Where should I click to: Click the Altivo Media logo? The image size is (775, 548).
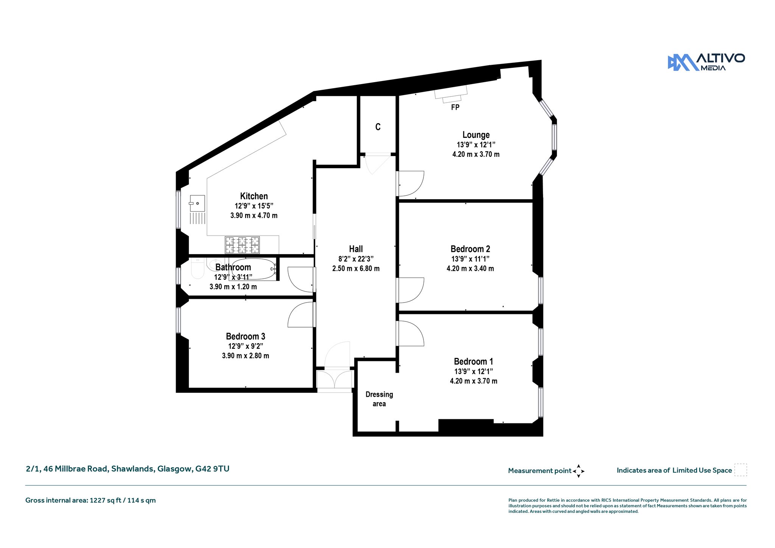click(x=706, y=62)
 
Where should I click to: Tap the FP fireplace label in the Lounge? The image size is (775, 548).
click(x=455, y=108)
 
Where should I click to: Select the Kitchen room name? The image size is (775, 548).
click(x=254, y=196)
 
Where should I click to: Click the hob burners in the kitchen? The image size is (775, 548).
click(x=242, y=245)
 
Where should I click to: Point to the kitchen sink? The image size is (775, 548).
click(x=197, y=203)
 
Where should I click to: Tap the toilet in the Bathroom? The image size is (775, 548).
click(x=198, y=268)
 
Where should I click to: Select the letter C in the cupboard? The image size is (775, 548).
click(x=378, y=127)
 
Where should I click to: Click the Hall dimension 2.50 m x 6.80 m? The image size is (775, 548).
click(x=356, y=269)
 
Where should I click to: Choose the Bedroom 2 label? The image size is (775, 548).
click(x=470, y=249)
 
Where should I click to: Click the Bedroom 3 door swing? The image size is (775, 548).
click(x=300, y=314)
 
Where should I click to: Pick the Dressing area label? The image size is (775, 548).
click(x=379, y=399)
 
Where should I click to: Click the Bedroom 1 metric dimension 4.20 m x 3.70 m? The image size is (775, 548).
click(x=473, y=381)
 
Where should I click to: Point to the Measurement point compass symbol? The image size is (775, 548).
click(x=579, y=471)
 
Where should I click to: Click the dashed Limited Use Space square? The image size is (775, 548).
click(x=741, y=470)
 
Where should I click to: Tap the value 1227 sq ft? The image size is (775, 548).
click(x=106, y=500)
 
